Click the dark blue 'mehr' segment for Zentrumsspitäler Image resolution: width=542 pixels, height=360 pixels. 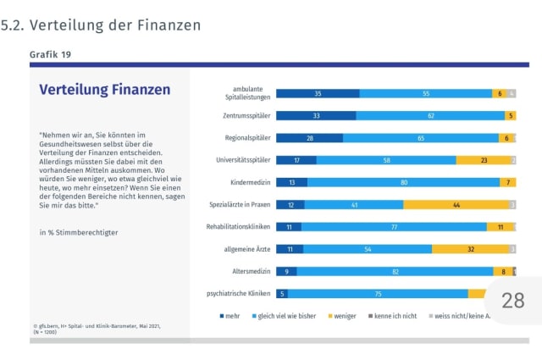[316, 115]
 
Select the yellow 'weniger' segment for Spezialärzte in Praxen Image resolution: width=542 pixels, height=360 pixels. [456, 204]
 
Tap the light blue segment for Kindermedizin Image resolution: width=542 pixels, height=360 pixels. [402, 182]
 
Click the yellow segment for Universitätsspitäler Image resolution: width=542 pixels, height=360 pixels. [484, 160]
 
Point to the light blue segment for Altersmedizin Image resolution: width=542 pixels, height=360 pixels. [395, 271]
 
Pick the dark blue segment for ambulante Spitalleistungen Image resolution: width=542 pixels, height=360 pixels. [318, 93]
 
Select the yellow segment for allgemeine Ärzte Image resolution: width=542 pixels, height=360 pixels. [470, 249]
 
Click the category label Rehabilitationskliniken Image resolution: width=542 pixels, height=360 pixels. [238, 227]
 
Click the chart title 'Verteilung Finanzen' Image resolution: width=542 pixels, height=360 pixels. [105, 89]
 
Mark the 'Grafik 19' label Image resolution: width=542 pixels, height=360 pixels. [50, 54]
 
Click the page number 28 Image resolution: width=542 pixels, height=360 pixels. [513, 300]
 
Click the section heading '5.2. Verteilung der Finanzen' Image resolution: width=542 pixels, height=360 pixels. [102, 25]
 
